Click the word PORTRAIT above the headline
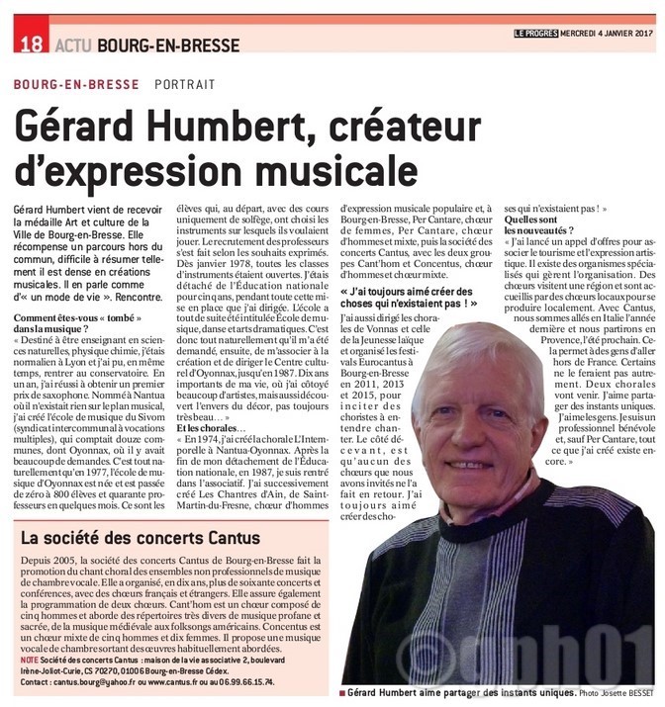185,85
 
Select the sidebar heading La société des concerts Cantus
141,539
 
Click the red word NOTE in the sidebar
29,659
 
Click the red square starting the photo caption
341,694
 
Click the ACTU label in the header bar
73,44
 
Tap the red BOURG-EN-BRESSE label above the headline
76,85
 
